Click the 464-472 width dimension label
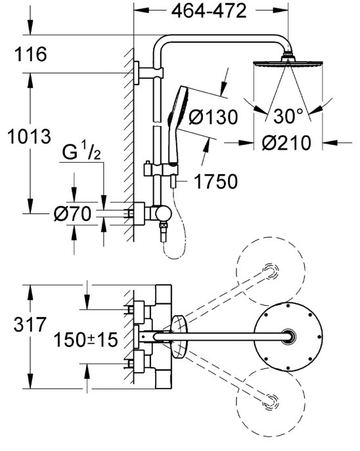[x=209, y=11]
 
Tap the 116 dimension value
[x=30, y=54]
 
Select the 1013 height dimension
[x=29, y=137]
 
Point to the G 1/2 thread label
[x=81, y=153]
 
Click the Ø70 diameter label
[x=72, y=214]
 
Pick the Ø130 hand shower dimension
[x=214, y=117]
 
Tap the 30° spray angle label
[x=288, y=116]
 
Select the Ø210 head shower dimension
[x=286, y=142]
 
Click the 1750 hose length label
[x=216, y=181]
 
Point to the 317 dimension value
[x=30, y=325]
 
